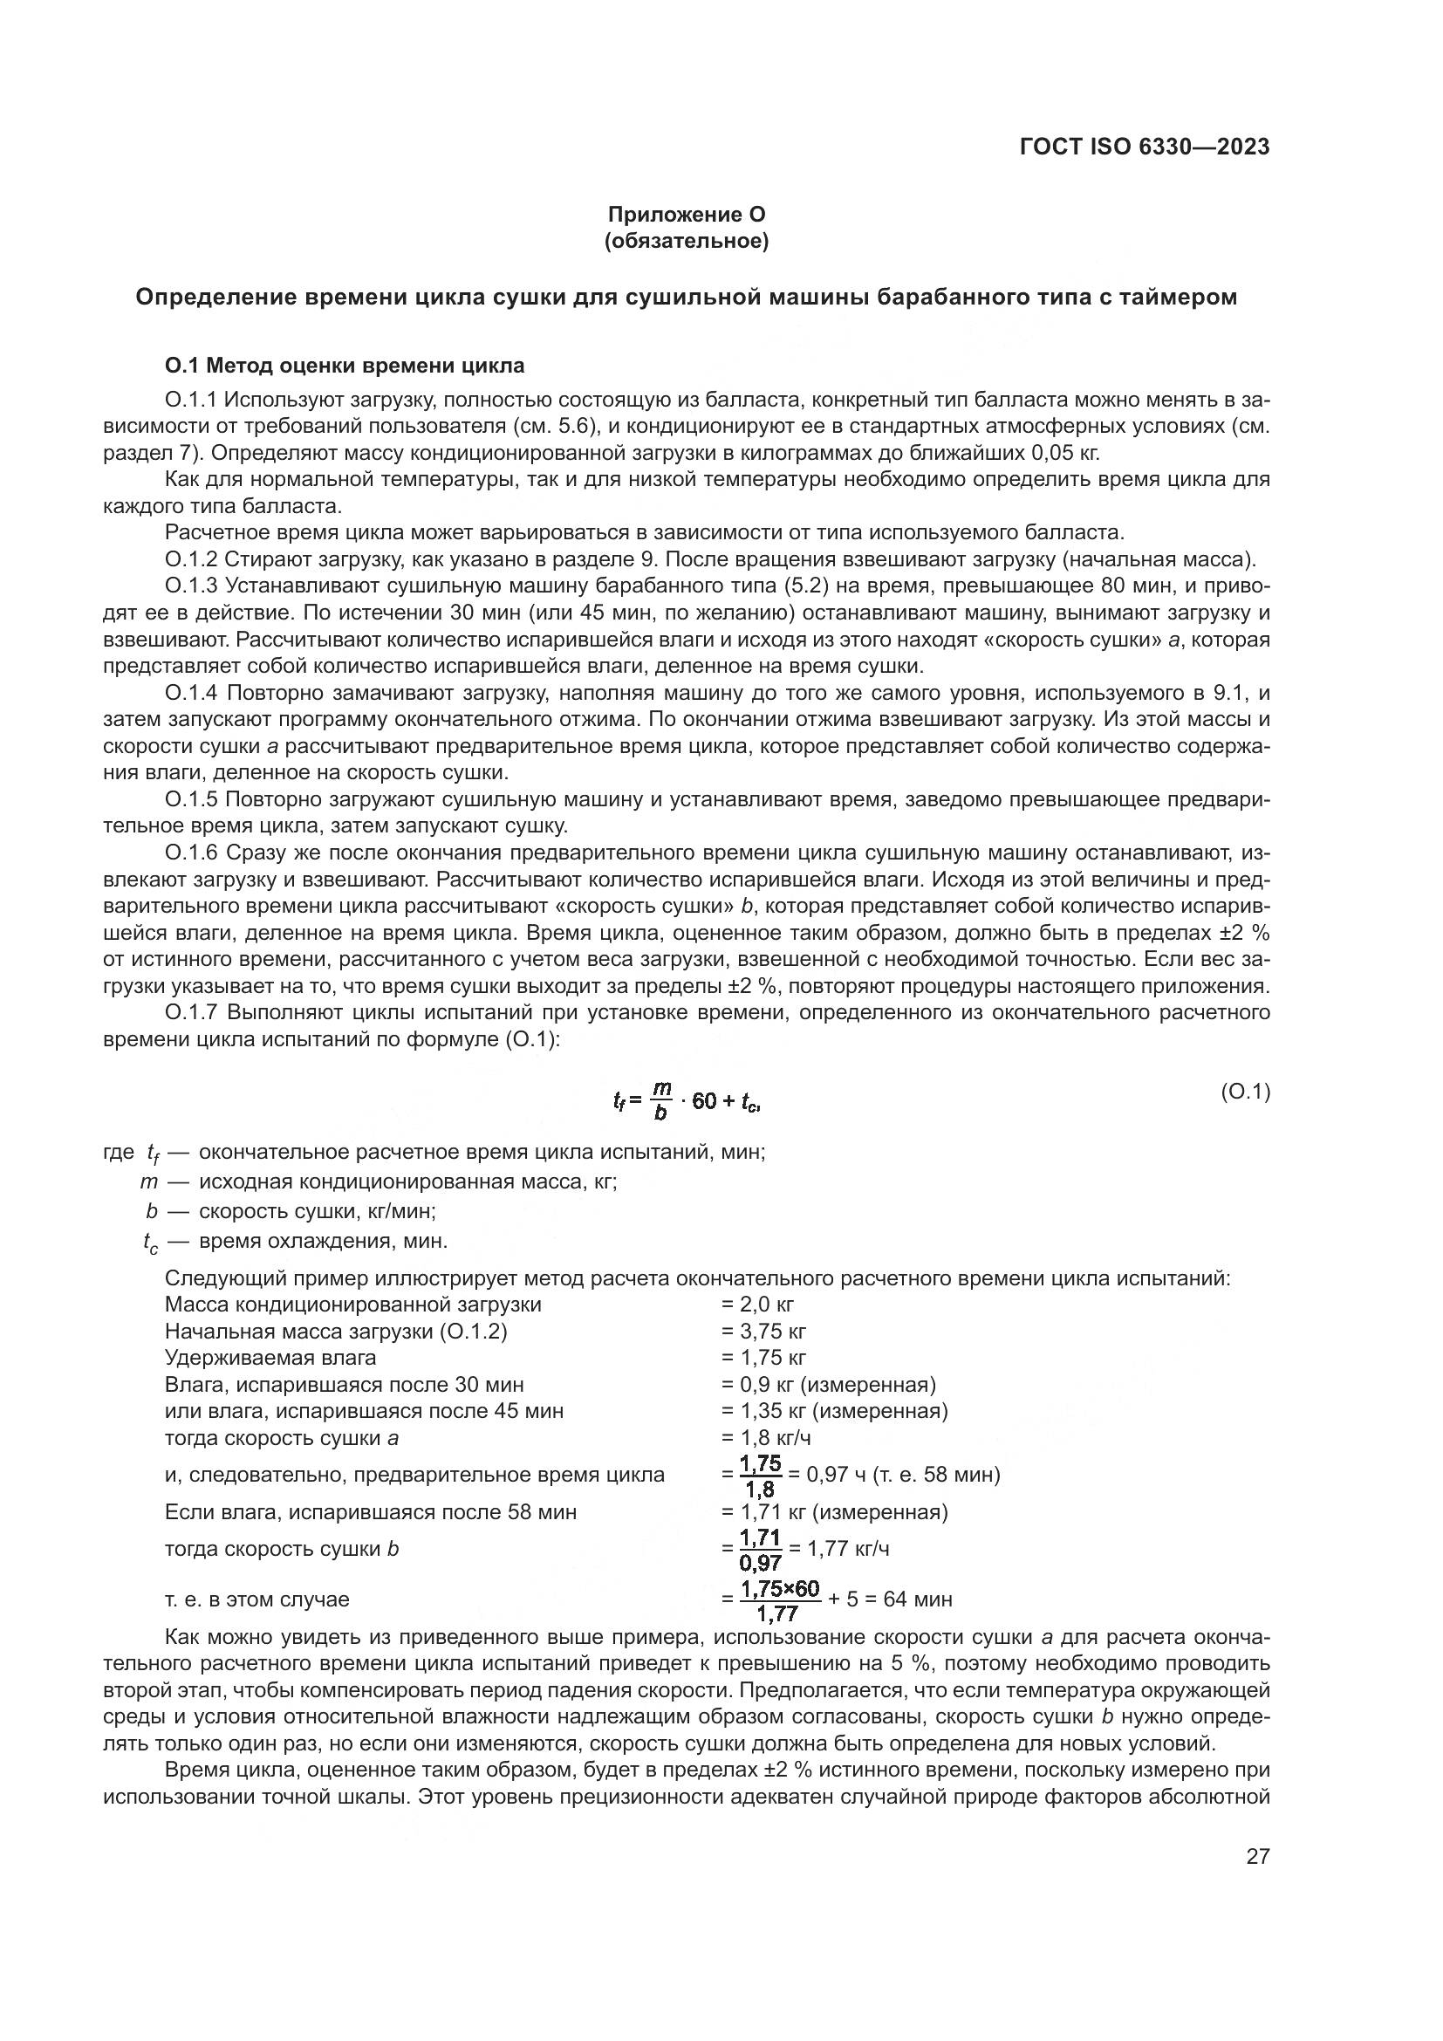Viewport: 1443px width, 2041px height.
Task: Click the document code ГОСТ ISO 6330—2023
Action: tap(1145, 147)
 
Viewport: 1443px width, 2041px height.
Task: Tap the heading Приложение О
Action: tap(686, 215)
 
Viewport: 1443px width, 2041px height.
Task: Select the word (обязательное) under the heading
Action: tap(686, 241)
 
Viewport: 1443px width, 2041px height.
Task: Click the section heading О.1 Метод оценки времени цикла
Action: tap(345, 366)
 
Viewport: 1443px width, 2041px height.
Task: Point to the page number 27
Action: tap(1257, 1856)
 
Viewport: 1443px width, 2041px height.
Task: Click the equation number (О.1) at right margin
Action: tap(1245, 1092)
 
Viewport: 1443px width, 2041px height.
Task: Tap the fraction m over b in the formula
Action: tap(661, 1100)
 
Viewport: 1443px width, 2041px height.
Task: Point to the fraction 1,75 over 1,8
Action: tap(760, 1476)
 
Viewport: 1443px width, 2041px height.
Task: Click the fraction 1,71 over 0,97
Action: tap(760, 1550)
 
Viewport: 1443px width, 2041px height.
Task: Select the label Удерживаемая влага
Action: tap(270, 1358)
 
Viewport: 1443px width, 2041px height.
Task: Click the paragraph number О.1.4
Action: tap(192, 693)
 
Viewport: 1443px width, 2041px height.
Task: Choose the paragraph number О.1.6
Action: tap(192, 853)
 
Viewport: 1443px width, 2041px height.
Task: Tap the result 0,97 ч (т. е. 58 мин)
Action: tap(903, 1475)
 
